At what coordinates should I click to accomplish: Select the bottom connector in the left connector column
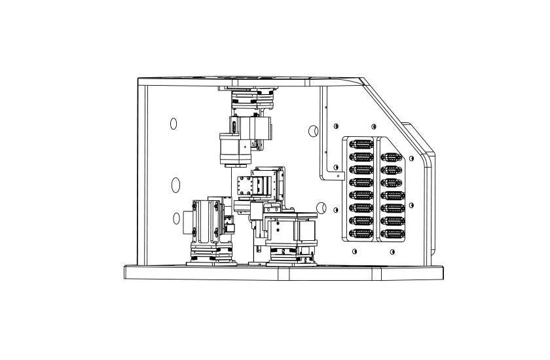pyautogui.click(x=362, y=233)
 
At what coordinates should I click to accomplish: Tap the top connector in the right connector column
pyautogui.click(x=391, y=157)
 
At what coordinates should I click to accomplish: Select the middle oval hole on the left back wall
pyautogui.click(x=175, y=185)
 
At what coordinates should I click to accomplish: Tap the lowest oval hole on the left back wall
pyautogui.click(x=176, y=219)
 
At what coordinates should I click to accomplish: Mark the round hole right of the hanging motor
pyautogui.click(x=313, y=132)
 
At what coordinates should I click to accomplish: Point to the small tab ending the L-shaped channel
pyautogui.click(x=339, y=175)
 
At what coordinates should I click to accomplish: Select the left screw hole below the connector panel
pyautogui.click(x=354, y=252)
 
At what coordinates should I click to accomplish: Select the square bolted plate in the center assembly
pyautogui.click(x=247, y=186)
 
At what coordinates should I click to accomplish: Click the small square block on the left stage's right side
pyautogui.click(x=230, y=227)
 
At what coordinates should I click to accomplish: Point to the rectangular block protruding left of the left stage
pyautogui.click(x=187, y=220)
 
